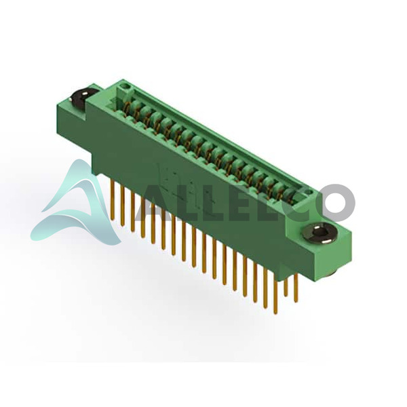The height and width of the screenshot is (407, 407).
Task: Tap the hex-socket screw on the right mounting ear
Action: (319, 234)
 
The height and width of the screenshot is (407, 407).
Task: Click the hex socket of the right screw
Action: (319, 232)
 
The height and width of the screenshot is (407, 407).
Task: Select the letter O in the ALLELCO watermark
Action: (335, 203)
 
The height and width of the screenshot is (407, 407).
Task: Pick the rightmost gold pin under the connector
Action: (295, 288)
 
